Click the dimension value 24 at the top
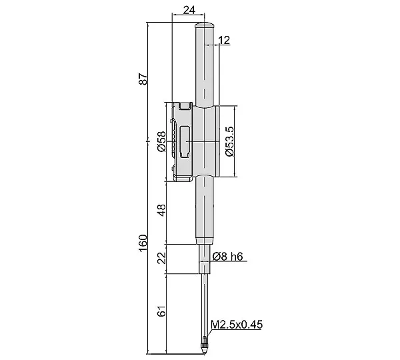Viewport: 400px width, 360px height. (x=189, y=10)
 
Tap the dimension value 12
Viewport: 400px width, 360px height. (x=225, y=40)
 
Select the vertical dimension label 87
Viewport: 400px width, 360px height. (x=143, y=79)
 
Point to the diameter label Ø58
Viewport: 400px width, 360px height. (x=161, y=141)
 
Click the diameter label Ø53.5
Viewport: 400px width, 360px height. (x=229, y=141)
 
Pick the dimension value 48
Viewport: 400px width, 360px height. (x=162, y=210)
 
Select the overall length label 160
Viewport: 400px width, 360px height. (x=143, y=243)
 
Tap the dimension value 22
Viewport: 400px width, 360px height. (x=162, y=258)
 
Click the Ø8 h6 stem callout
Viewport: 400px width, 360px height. (x=227, y=257)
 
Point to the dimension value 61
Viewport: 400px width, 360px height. (x=162, y=311)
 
